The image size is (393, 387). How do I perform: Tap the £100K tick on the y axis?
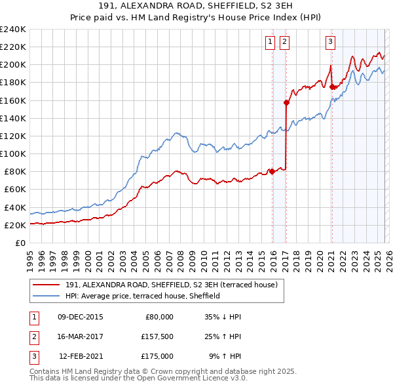[13, 153]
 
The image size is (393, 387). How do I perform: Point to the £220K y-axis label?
[13, 47]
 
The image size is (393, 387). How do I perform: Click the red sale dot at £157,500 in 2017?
[286, 102]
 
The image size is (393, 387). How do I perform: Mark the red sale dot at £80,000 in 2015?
[272, 172]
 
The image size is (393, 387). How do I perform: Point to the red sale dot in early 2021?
[332, 87]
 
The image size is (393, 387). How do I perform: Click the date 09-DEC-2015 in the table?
[81, 316]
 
